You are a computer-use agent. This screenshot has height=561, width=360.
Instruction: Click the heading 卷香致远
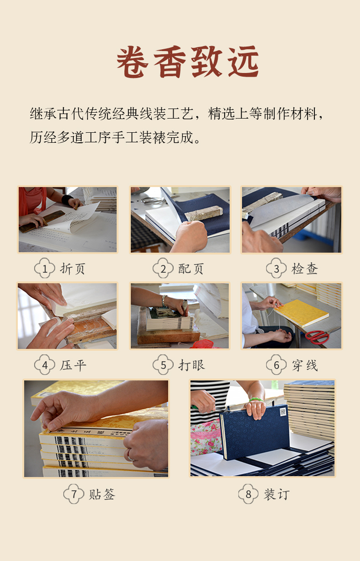tap(187, 62)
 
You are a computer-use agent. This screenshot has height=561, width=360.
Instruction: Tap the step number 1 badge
tap(45, 268)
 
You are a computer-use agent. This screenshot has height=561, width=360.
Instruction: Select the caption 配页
tap(191, 269)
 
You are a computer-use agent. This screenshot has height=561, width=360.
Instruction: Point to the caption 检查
tap(304, 269)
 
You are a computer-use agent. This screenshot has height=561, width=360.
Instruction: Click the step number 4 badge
tap(45, 365)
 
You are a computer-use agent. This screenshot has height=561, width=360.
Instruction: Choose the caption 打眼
tap(191, 365)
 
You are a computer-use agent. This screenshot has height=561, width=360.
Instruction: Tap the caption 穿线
tap(305, 365)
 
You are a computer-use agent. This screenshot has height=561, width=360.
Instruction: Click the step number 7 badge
tap(73, 494)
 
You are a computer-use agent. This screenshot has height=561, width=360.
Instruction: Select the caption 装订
tap(277, 494)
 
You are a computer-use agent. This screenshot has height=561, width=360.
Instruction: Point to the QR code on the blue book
tap(283, 412)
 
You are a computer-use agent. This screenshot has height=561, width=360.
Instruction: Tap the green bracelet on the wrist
tap(257, 400)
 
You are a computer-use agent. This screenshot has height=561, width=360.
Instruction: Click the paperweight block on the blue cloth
tap(204, 213)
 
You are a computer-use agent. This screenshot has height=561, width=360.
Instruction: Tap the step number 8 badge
tap(248, 494)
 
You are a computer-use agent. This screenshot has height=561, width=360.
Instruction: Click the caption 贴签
tap(102, 494)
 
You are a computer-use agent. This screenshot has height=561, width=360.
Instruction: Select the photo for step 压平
tap(67, 316)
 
